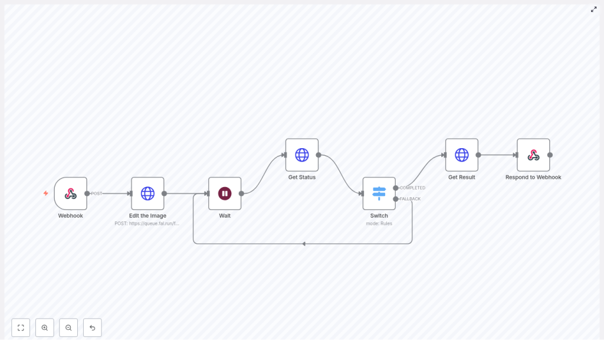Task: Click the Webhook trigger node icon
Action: (70, 194)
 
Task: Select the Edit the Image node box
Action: (147, 194)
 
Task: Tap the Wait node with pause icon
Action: (225, 194)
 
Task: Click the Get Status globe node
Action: (302, 155)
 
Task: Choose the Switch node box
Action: (379, 194)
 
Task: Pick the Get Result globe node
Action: (462, 155)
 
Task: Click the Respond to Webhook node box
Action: (533, 155)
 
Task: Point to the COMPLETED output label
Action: (412, 188)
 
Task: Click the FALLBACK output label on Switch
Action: (411, 199)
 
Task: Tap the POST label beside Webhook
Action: (97, 194)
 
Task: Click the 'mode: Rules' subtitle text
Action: (379, 224)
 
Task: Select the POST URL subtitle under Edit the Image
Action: (147, 224)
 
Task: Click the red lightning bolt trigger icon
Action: (45, 194)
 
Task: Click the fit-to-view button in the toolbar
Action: (21, 328)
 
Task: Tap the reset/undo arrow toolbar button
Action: (92, 328)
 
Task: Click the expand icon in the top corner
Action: (594, 9)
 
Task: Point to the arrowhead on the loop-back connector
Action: (303, 244)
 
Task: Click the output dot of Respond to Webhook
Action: (550, 155)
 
